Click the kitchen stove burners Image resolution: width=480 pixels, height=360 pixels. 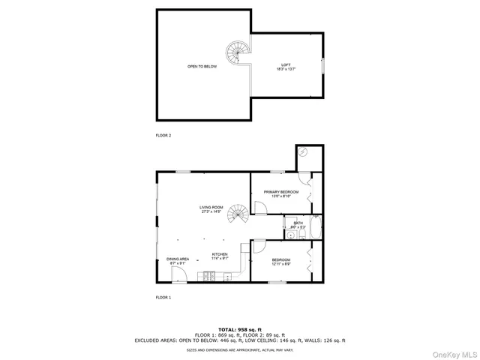click(209, 277)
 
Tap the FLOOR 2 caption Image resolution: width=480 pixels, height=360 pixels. click(163, 135)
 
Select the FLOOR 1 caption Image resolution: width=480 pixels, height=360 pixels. click(163, 298)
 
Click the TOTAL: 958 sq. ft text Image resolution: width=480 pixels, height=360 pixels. click(240, 329)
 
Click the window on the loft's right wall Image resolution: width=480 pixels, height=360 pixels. click(323, 67)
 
